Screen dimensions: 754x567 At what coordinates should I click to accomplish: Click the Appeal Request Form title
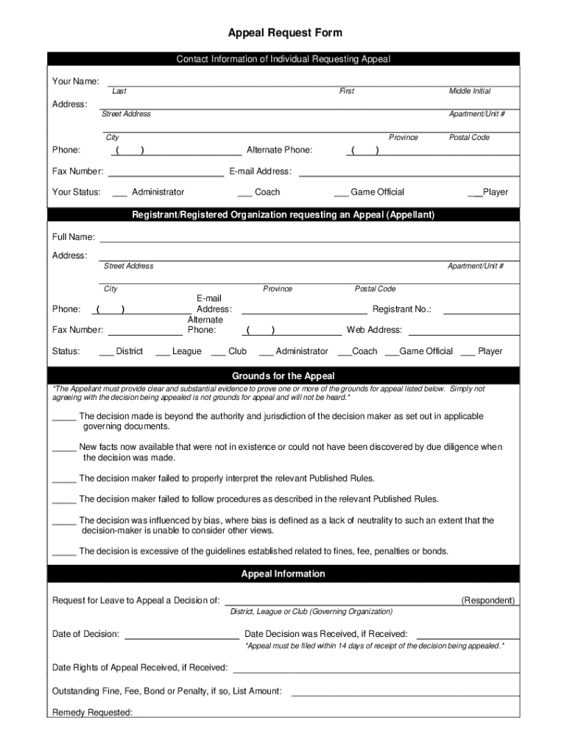point(284,33)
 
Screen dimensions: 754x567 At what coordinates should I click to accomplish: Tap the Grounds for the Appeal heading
point(283,376)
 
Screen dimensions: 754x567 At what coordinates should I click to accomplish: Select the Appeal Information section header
point(283,574)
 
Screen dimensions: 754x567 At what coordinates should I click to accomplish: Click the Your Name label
point(76,81)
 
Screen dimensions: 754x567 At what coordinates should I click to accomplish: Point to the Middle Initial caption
point(470,91)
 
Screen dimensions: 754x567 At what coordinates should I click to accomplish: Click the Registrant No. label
point(402,310)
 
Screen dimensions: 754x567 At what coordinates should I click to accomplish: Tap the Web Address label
point(374,330)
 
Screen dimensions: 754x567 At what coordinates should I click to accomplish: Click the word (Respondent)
point(488,601)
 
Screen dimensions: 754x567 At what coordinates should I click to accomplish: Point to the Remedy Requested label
point(92,713)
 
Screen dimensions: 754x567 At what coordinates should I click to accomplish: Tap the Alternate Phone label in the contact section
point(279,150)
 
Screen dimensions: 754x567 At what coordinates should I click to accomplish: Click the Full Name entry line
point(309,241)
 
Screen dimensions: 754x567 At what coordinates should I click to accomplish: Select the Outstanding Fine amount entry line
point(406,694)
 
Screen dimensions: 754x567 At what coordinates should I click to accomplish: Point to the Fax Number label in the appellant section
point(77,330)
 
